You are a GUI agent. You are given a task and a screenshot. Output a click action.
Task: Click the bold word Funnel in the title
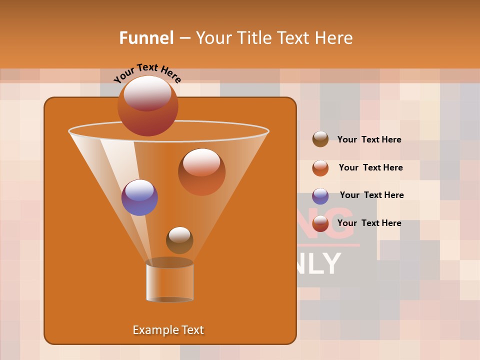(146, 38)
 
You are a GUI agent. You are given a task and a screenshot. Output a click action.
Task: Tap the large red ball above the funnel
(147, 105)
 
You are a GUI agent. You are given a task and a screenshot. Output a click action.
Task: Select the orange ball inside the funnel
(201, 171)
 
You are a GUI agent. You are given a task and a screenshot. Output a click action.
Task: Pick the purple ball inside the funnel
(139, 197)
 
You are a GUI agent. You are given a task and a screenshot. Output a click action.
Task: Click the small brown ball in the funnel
(179, 240)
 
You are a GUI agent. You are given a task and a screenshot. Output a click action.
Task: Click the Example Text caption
(168, 330)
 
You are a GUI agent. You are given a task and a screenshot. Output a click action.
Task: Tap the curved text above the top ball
(147, 73)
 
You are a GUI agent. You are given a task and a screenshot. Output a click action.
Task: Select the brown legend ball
(320, 139)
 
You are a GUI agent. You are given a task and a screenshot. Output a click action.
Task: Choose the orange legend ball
(320, 167)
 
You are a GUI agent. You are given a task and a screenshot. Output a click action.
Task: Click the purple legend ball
(320, 195)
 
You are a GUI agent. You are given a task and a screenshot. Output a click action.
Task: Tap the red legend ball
(320, 223)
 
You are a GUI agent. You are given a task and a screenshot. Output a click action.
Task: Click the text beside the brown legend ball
(369, 139)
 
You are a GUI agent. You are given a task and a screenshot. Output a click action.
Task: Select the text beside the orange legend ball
(370, 167)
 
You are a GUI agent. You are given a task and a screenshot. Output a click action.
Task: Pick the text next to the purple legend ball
(371, 195)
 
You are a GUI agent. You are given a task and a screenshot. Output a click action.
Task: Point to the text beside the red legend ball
(369, 223)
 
